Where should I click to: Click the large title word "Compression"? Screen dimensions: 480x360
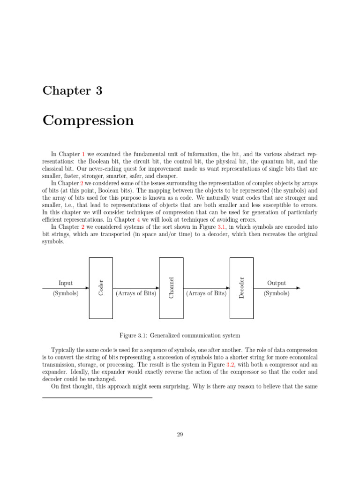(x=88, y=120)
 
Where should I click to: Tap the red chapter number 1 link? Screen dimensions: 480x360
(x=83, y=154)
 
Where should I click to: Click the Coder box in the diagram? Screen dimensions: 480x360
(x=101, y=287)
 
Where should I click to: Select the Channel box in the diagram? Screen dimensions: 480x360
(x=171, y=287)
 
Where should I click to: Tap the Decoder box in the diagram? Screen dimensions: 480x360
(x=241, y=287)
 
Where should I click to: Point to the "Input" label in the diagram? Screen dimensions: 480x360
(x=66, y=283)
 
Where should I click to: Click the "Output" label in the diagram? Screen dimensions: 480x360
(x=277, y=283)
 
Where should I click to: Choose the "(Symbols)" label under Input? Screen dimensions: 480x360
(x=66, y=293)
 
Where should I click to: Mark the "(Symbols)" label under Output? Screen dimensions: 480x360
(x=277, y=293)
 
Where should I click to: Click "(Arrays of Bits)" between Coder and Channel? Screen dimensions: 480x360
(x=136, y=293)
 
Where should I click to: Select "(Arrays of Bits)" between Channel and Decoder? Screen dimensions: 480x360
(x=206, y=293)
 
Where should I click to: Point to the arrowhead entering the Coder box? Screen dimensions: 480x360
(x=87, y=288)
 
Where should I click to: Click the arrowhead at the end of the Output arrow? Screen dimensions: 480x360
(x=298, y=288)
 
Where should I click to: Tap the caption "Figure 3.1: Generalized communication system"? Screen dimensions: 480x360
(x=180, y=335)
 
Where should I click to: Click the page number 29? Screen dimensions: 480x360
(x=180, y=435)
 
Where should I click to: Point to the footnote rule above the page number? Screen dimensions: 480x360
(x=97, y=397)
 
